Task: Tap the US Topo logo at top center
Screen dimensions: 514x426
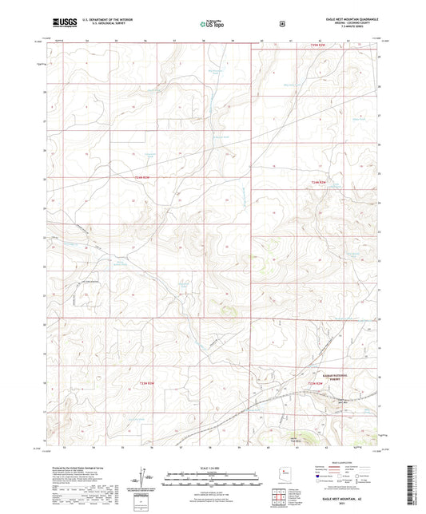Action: coord(209,24)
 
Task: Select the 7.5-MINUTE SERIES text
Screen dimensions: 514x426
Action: coord(351,27)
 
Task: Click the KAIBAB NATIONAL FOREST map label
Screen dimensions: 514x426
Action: coord(326,375)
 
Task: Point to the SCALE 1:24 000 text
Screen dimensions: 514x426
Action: coord(212,467)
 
